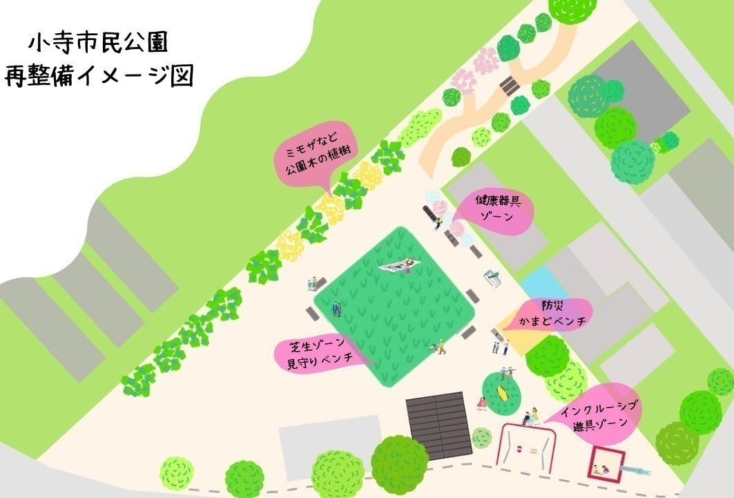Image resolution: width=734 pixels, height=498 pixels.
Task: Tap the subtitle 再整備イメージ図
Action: (x=98, y=75)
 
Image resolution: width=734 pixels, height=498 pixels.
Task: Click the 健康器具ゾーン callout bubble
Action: (x=497, y=209)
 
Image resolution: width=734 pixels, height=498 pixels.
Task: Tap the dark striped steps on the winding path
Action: (x=510, y=85)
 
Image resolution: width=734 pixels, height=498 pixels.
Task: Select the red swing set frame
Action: (x=528, y=446)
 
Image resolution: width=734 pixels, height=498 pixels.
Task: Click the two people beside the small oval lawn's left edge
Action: (x=481, y=403)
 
